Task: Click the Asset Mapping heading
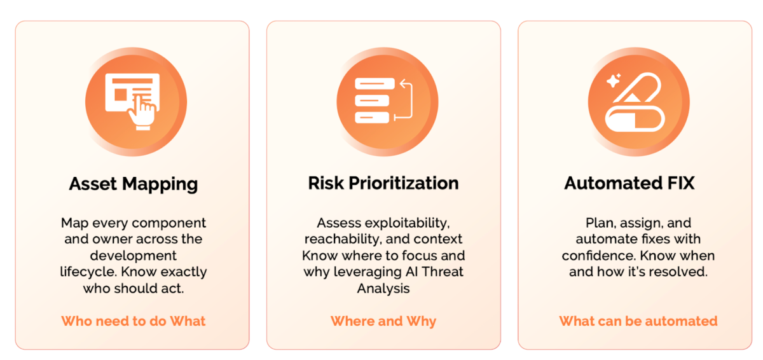133,184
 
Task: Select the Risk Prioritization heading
383,183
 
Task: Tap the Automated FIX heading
629,183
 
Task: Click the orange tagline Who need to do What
133,321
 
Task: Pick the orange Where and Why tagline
383,321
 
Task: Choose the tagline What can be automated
638,321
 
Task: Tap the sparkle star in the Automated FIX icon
614,81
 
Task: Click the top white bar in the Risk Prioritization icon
375,84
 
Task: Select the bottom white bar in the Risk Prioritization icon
372,118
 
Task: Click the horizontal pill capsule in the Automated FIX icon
635,119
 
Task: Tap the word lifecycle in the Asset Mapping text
88,272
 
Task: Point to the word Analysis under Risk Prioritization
383,289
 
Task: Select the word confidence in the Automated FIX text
599,256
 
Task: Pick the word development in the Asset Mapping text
133,256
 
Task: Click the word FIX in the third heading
680,183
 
